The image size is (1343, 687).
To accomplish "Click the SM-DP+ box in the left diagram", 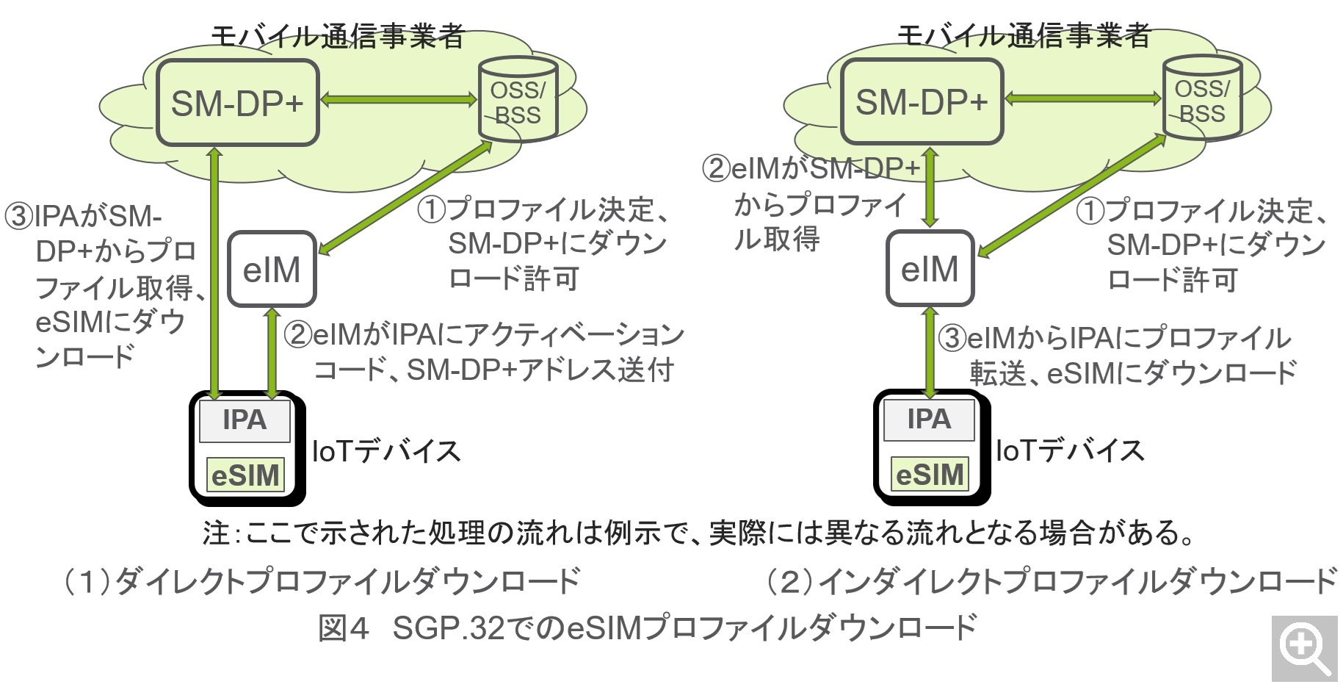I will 237,103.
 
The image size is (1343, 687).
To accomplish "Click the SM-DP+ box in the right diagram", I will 922,101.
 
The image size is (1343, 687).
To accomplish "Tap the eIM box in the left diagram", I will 272,270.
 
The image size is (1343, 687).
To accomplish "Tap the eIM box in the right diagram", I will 930,268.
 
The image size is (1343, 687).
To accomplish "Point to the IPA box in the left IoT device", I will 245,420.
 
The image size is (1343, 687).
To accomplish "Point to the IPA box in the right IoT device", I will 929,420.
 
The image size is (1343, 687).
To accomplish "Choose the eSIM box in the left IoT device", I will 245,475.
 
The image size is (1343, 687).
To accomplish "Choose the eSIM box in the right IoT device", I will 930,474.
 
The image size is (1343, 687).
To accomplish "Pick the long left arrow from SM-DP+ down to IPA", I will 214,272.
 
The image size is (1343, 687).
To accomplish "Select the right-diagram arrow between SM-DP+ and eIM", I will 930,187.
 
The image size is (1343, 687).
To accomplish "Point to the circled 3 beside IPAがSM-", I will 18,217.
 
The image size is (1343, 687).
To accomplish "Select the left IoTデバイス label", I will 386,451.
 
